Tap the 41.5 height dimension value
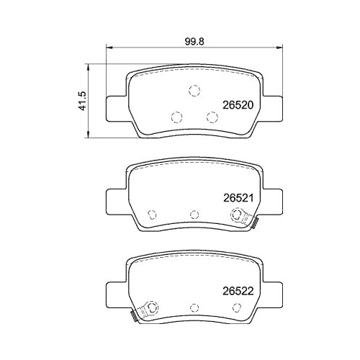pos(84,100)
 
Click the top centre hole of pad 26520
pos(193,91)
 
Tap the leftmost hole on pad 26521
pos(152,214)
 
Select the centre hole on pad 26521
pos(194,214)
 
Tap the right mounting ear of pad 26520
pos(271,108)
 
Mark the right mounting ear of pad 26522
pos(271,296)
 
